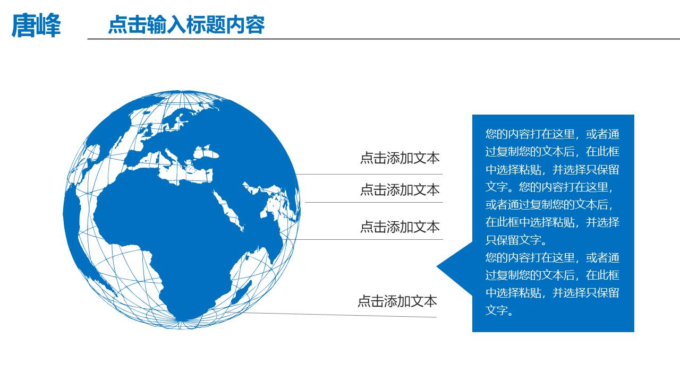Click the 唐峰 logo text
[x=36, y=25]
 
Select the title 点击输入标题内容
[x=186, y=24]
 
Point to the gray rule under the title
[x=384, y=39]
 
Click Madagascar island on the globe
[x=242, y=292]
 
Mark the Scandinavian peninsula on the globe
[x=173, y=121]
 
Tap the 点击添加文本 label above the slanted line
[x=397, y=301]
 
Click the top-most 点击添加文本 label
[x=400, y=158]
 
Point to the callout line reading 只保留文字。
[x=516, y=240]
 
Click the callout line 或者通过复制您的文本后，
[x=549, y=205]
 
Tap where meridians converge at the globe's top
[x=181, y=92]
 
